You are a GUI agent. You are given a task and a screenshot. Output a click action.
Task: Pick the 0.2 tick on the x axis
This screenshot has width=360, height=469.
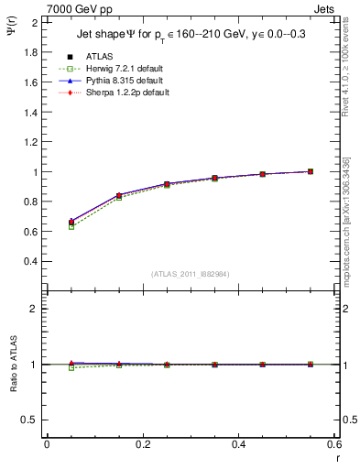coord(143,444)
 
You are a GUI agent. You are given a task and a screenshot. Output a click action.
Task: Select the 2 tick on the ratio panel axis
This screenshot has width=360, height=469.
coord(35,309)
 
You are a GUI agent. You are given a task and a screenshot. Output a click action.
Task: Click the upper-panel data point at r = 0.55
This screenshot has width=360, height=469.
coord(311,171)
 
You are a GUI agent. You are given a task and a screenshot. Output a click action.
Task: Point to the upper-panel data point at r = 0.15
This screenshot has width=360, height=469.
coord(119,196)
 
